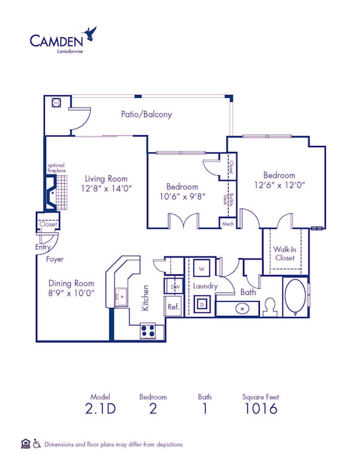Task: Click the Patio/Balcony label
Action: click(x=146, y=114)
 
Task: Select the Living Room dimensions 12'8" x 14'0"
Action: click(x=106, y=188)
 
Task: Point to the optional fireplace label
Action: click(x=56, y=168)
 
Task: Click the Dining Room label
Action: click(x=71, y=283)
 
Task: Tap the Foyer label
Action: click(x=55, y=259)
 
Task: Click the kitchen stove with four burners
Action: click(x=148, y=330)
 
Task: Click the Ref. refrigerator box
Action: click(x=173, y=306)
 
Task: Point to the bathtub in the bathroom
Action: click(x=295, y=296)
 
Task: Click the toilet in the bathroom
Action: click(x=270, y=307)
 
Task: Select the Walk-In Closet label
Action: click(x=284, y=253)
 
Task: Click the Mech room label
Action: click(x=227, y=223)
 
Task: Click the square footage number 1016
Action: click(x=260, y=409)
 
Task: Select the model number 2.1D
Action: click(x=101, y=409)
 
